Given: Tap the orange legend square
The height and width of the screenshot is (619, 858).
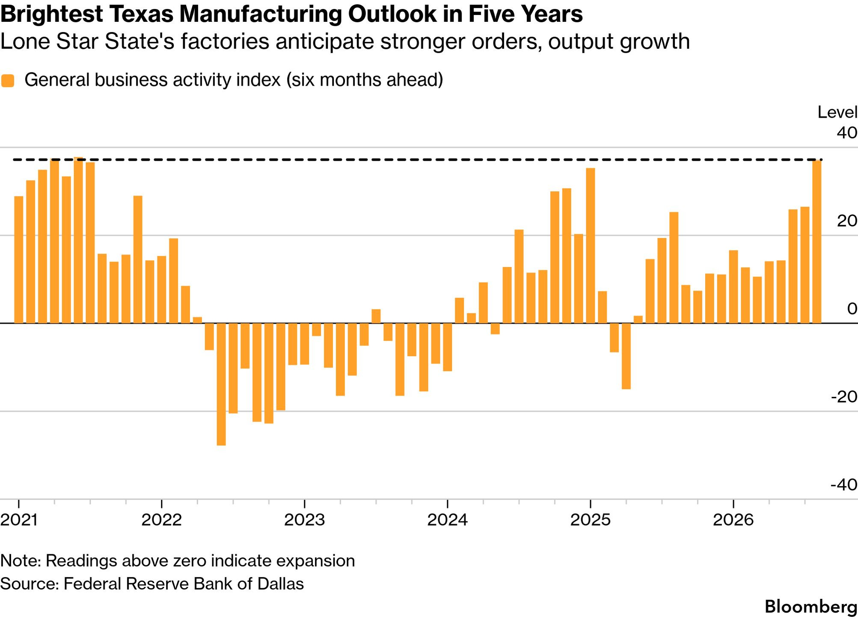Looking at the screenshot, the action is [8, 80].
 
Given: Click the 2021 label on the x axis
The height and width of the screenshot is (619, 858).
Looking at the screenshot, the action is [19, 520].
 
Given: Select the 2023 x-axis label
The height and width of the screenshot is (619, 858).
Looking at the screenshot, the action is [305, 520].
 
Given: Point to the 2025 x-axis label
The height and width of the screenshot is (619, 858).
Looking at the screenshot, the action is [591, 520].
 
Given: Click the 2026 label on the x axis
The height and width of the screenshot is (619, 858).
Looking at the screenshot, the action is [733, 520].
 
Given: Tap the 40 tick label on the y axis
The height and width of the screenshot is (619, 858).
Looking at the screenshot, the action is [847, 133].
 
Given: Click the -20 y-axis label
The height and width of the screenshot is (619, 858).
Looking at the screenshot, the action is [844, 397].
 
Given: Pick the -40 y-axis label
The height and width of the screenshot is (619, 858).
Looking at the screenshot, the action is [844, 485].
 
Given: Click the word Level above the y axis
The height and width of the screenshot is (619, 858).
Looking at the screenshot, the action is [837, 112].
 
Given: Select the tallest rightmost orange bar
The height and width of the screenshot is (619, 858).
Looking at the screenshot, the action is [816, 241].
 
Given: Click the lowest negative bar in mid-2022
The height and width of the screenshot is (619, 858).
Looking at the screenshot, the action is [221, 384].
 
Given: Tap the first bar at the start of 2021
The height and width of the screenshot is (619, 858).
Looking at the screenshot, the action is [19, 259].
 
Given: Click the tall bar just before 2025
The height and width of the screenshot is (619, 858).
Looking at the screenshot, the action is [591, 246].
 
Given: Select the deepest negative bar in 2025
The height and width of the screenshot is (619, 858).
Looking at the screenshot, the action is [626, 356].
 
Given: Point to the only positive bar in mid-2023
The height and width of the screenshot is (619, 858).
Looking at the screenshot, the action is [376, 316].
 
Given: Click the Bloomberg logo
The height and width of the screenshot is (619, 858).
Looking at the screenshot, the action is [811, 607].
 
